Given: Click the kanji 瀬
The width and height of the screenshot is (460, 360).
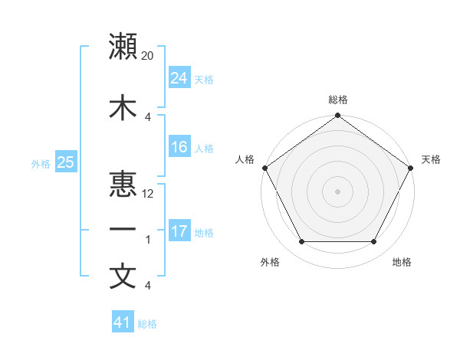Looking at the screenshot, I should (123, 47).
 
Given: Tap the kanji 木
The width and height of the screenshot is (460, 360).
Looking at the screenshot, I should (123, 108).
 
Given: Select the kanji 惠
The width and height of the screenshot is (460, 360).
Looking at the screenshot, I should (123, 184).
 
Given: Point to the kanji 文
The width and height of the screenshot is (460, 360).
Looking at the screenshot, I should (123, 276).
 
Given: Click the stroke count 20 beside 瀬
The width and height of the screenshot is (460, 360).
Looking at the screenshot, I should (148, 56).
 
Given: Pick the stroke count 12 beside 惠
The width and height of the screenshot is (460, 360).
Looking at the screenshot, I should (148, 194).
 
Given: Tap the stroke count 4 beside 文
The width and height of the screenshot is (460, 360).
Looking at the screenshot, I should (147, 286).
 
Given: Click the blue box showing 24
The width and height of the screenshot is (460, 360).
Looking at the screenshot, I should (179, 78).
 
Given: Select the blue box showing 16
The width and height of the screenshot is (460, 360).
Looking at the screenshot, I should (179, 147).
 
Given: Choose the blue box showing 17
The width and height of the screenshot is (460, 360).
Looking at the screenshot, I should (179, 231).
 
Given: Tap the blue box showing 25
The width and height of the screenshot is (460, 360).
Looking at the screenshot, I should (65, 162).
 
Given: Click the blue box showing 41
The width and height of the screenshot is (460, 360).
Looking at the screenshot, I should (123, 322).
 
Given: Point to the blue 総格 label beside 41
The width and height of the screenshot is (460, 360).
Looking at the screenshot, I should (147, 324).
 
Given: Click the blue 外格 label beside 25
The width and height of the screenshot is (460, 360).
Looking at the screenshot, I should (41, 163).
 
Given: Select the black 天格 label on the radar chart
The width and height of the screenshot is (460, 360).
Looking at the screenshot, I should (431, 159).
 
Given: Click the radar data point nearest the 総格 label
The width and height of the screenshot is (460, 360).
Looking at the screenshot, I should (337, 116).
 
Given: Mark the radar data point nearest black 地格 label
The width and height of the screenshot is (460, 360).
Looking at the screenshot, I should (374, 242).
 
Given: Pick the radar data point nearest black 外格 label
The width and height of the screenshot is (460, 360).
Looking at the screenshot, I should (301, 242).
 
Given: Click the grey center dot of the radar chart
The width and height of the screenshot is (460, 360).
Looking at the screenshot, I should (337, 191).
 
